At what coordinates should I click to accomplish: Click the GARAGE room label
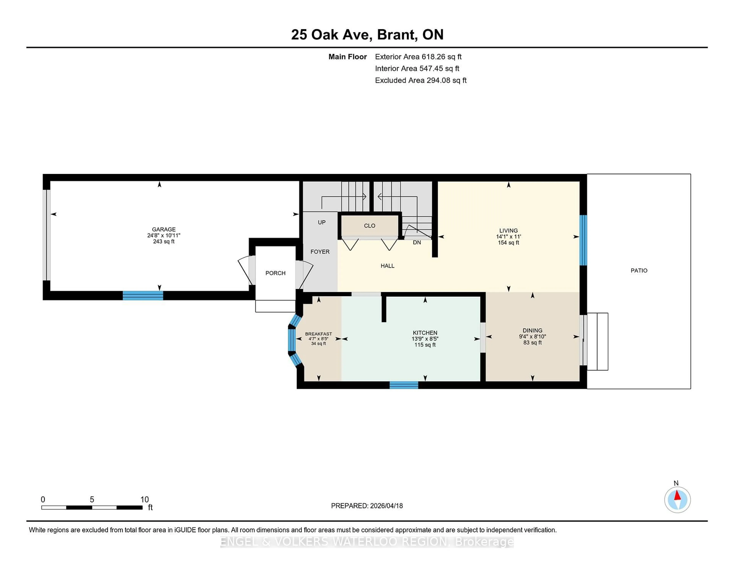pos(164,229)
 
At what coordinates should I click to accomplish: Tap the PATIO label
pos(639,270)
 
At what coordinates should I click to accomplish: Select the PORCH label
pos(275,273)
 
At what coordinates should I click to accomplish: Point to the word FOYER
pos(320,252)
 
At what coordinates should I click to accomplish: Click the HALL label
pos(387,266)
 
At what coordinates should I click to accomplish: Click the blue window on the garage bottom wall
pos(143,295)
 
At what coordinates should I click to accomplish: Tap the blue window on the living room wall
pos(583,240)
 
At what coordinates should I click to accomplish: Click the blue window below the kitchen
pos(404,385)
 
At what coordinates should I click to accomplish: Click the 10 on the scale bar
pos(145,500)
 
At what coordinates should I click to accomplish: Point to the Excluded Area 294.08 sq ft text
pos(421,80)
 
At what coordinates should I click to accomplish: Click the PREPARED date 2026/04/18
pos(386,505)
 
